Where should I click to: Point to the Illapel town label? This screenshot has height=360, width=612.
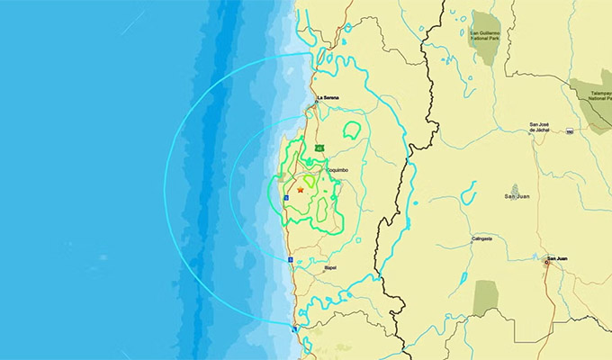click(330, 267)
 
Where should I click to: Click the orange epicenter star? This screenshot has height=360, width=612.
click(300, 190)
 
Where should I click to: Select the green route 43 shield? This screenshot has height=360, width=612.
click(319, 148)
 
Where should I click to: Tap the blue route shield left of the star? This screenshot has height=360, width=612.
click(286, 194)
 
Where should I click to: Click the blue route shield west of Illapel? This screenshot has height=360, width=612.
click(291, 260)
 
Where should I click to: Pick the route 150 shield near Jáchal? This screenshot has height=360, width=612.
click(570, 132)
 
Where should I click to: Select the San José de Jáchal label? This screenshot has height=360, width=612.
click(538, 126)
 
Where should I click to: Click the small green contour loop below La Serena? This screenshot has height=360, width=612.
click(351, 130)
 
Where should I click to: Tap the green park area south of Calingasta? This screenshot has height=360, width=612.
click(485, 298)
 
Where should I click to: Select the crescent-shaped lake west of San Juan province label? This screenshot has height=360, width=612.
click(467, 193)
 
